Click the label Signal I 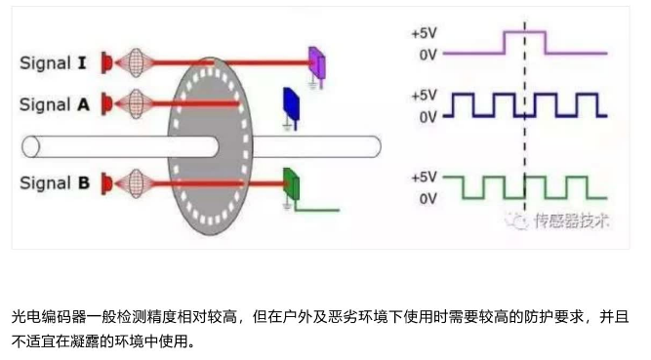click(x=55, y=62)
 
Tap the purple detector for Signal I click(x=317, y=60)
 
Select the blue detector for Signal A click(x=290, y=103)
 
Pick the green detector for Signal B click(x=290, y=183)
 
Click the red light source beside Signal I click(x=106, y=62)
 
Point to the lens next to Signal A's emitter click(x=135, y=102)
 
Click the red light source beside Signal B click(x=106, y=182)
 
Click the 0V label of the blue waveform click(x=427, y=118)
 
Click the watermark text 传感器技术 click(x=570, y=220)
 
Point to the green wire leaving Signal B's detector click(x=317, y=209)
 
